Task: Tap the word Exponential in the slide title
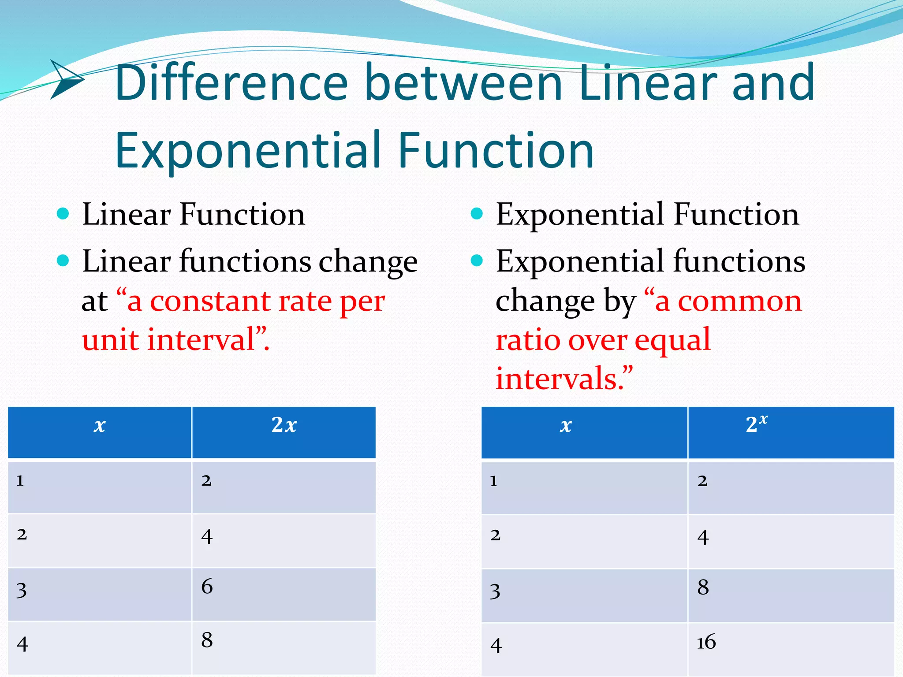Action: point(247,151)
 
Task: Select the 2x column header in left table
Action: point(284,426)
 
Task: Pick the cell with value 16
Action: point(706,642)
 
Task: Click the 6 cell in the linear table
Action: point(207,587)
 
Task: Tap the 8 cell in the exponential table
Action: point(703,588)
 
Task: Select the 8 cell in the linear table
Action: point(207,640)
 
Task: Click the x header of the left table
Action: point(100,426)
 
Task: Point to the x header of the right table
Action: point(566,426)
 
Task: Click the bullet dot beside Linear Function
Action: point(63,214)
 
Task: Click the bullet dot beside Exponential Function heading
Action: point(477,214)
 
